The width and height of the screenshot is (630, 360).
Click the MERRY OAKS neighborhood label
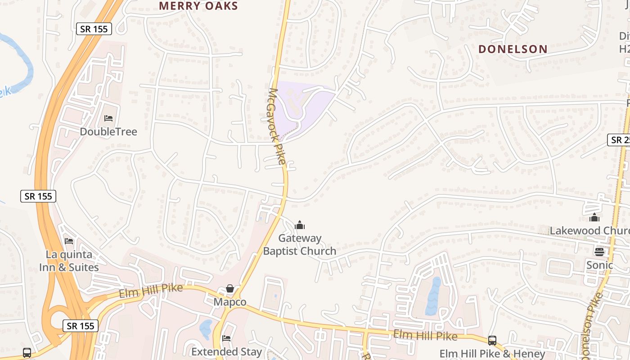tap(198, 6)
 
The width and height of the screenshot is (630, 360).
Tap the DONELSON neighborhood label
tap(513, 49)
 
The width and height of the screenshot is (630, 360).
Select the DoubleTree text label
tap(108, 131)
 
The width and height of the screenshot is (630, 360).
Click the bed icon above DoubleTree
tap(108, 118)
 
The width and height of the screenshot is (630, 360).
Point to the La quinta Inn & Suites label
tap(69, 261)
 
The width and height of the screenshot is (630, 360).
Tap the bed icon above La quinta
tap(68, 241)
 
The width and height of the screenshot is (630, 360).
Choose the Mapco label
tap(230, 301)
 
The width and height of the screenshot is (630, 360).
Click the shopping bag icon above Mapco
tap(230, 288)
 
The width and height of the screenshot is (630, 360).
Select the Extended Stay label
tap(226, 351)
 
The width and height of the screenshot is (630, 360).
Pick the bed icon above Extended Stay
tap(226, 338)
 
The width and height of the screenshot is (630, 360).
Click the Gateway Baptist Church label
tap(300, 244)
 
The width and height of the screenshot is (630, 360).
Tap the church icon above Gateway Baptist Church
tap(300, 225)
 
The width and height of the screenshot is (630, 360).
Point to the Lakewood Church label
tap(589, 231)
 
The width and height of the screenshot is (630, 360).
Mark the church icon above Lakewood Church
tap(594, 218)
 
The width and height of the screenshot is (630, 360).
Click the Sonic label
tap(599, 265)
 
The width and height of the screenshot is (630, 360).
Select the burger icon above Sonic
tap(599, 252)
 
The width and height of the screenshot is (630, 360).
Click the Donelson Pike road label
tap(593, 326)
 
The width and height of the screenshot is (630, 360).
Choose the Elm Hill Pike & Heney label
tap(492, 354)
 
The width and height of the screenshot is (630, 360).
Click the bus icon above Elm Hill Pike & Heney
tap(492, 341)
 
